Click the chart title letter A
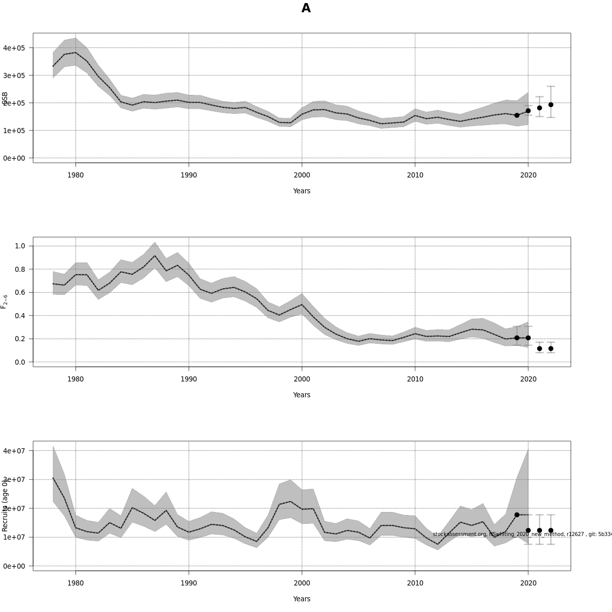click(x=306, y=8)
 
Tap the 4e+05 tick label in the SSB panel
click(x=14, y=48)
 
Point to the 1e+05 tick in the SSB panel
click(x=14, y=131)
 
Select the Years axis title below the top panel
click(x=301, y=191)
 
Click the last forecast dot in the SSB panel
click(x=551, y=105)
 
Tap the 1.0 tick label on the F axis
click(x=20, y=246)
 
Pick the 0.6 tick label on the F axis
click(x=20, y=292)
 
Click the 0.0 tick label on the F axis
click(x=20, y=362)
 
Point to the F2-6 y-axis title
click(x=4, y=301)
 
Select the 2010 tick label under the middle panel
click(x=415, y=379)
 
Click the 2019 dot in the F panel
click(x=517, y=338)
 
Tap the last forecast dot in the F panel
click(x=551, y=349)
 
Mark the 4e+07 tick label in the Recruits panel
click(x=14, y=451)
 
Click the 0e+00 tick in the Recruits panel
click(x=14, y=566)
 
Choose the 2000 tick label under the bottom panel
click(x=302, y=583)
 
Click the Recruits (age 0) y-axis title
click(x=5, y=505)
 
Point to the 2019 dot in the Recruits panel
click(x=517, y=515)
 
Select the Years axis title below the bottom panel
click(x=301, y=599)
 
